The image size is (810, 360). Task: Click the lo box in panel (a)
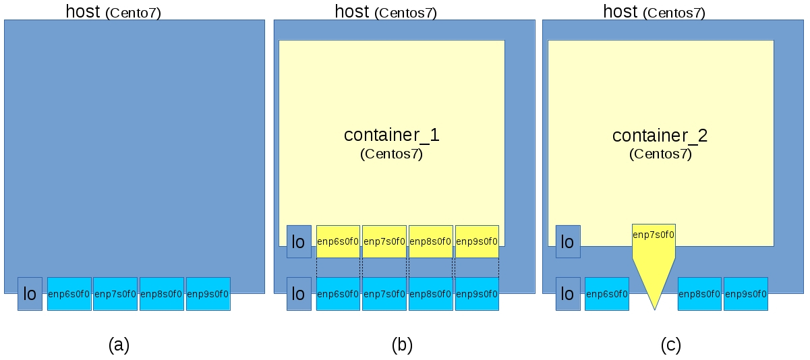click(30, 294)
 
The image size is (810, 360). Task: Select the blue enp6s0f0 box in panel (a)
click(69, 294)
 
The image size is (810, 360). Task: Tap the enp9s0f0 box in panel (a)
click(208, 294)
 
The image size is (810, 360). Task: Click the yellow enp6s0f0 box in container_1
click(338, 241)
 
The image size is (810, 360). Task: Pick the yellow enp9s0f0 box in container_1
click(477, 241)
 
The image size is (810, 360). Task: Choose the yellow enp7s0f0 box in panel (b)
click(384, 241)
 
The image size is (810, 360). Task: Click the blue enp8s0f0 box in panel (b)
click(430, 294)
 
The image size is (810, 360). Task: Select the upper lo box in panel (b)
click(299, 241)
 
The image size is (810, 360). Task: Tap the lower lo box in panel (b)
click(299, 294)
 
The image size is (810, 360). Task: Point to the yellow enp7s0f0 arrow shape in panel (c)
click(654, 249)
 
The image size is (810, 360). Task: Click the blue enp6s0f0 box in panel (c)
click(607, 294)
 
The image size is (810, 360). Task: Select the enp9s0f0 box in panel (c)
click(745, 294)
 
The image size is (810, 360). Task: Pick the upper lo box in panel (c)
click(568, 241)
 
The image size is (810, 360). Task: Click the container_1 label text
click(391, 135)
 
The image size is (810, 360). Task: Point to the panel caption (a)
click(119, 345)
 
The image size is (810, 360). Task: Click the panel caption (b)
click(402, 345)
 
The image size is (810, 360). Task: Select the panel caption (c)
click(670, 345)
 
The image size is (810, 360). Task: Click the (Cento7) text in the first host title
click(134, 13)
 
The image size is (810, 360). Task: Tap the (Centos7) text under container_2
click(660, 154)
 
